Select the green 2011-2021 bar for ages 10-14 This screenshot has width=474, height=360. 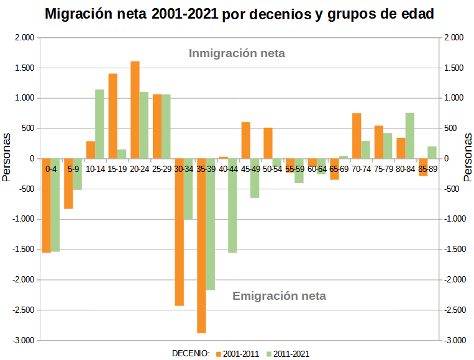(99, 124)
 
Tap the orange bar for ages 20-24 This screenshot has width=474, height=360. (135, 110)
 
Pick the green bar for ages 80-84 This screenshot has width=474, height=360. (409, 136)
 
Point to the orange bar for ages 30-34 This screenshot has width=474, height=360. (179, 232)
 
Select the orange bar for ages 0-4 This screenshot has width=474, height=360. (46, 205)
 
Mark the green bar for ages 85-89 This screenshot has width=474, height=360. (432, 153)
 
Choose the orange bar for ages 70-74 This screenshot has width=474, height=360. (357, 136)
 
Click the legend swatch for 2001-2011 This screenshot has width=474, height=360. (219, 354)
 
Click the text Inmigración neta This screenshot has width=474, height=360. (237, 53)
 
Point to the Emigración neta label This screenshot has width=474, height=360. (279, 296)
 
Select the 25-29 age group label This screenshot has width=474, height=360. (162, 169)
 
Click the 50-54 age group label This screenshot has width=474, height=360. (272, 169)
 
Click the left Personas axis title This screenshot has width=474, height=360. (7, 158)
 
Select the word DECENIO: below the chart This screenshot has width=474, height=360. (191, 354)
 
